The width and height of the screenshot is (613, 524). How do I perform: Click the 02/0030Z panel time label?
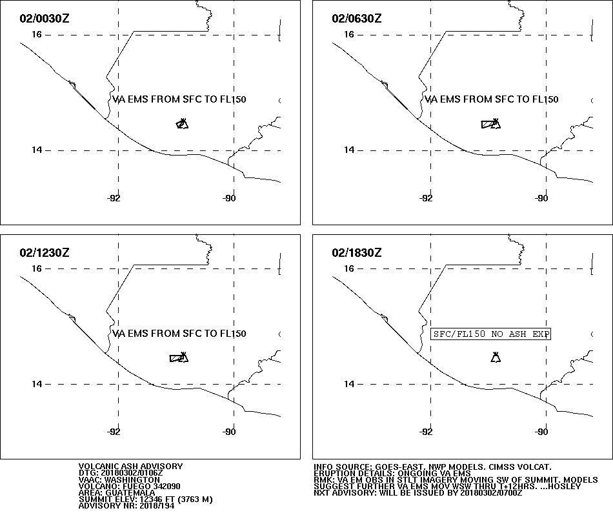[x=44, y=18]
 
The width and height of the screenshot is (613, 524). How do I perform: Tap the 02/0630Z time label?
[x=357, y=18]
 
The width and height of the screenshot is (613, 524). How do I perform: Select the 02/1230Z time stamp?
[x=44, y=252]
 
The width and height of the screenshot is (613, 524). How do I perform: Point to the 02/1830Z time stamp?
[x=357, y=252]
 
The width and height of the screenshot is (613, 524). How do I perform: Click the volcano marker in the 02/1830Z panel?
[x=496, y=358]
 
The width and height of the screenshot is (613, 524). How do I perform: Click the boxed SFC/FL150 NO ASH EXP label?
[x=490, y=334]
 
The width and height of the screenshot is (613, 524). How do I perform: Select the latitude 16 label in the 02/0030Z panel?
[x=36, y=34]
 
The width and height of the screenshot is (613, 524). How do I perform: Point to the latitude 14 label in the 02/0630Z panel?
[x=348, y=150]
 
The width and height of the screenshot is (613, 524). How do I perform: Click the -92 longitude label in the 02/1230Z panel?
[x=114, y=432]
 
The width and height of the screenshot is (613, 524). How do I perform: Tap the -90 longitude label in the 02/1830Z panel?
[x=541, y=432]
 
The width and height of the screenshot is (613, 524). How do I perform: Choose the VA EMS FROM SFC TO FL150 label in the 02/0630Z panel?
[x=492, y=99]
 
